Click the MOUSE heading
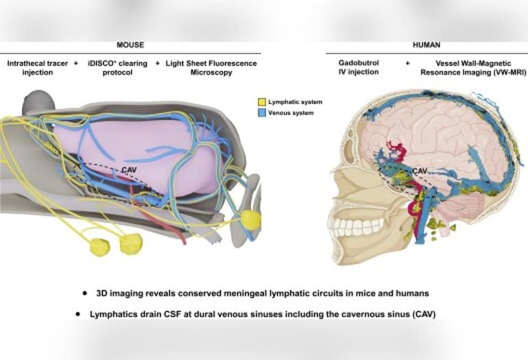pyautogui.click(x=130, y=45)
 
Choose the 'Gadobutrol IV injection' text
pyautogui.click(x=363, y=67)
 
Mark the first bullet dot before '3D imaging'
pyautogui.click(x=84, y=293)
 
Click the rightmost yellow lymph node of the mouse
pyautogui.click(x=251, y=220)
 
